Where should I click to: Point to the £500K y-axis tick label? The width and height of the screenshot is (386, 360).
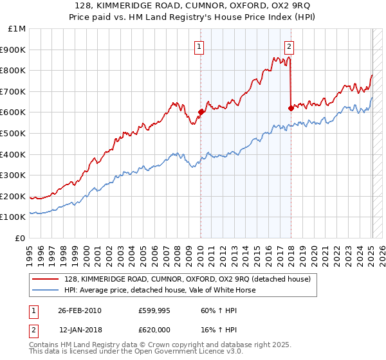coord(14,133)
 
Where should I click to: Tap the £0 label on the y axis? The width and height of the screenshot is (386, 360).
coord(21,238)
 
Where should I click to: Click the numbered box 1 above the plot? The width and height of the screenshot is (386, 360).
coord(199,46)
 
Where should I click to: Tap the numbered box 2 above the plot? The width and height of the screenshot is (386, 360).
coord(289,46)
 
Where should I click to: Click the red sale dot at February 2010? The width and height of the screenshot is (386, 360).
coord(200,112)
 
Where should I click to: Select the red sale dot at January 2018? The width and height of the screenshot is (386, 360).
coord(290,108)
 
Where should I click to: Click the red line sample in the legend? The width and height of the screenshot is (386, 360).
coord(46,279)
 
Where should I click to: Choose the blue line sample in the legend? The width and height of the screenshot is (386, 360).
coord(46,290)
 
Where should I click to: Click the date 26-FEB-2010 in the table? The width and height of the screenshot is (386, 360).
coord(80,310)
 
